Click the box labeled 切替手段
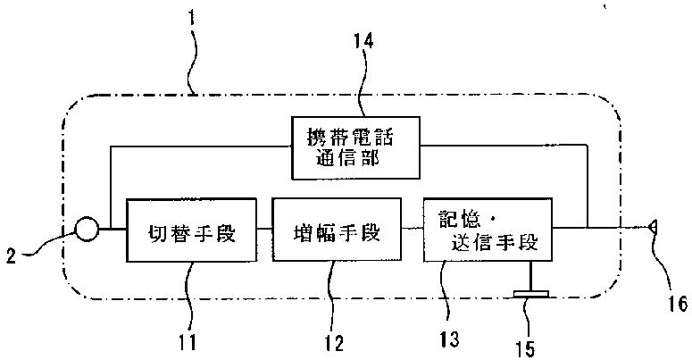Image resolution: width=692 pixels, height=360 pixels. pos(191,234)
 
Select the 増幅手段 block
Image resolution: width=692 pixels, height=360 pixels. pos(338,234)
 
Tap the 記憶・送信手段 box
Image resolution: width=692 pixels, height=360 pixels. pos(488,230)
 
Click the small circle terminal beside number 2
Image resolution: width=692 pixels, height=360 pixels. pos(86,231)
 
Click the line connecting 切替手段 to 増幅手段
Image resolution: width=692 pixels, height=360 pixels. pos(264,230)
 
